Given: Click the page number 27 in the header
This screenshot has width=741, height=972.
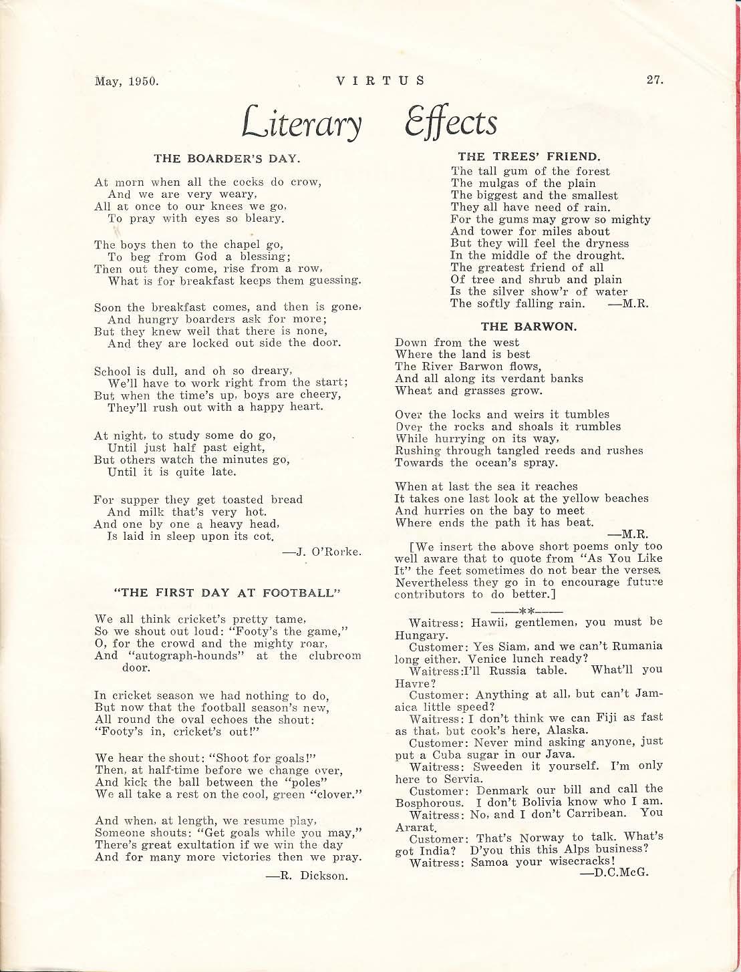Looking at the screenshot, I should pyautogui.click(x=654, y=80).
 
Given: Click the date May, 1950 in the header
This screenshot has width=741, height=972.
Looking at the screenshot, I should pyautogui.click(x=126, y=82).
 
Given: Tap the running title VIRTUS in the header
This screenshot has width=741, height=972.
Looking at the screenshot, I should pyautogui.click(x=380, y=81).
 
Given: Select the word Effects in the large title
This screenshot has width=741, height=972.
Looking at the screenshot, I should pyautogui.click(x=450, y=122).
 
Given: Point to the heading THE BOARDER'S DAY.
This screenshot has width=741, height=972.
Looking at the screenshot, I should pyautogui.click(x=227, y=158).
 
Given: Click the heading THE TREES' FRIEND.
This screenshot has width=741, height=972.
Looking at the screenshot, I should pyautogui.click(x=529, y=157).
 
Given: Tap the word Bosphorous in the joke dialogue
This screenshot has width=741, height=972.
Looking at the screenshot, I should pyautogui.click(x=426, y=802).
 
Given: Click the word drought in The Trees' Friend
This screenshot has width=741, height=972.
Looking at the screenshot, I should pyautogui.click(x=601, y=255).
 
